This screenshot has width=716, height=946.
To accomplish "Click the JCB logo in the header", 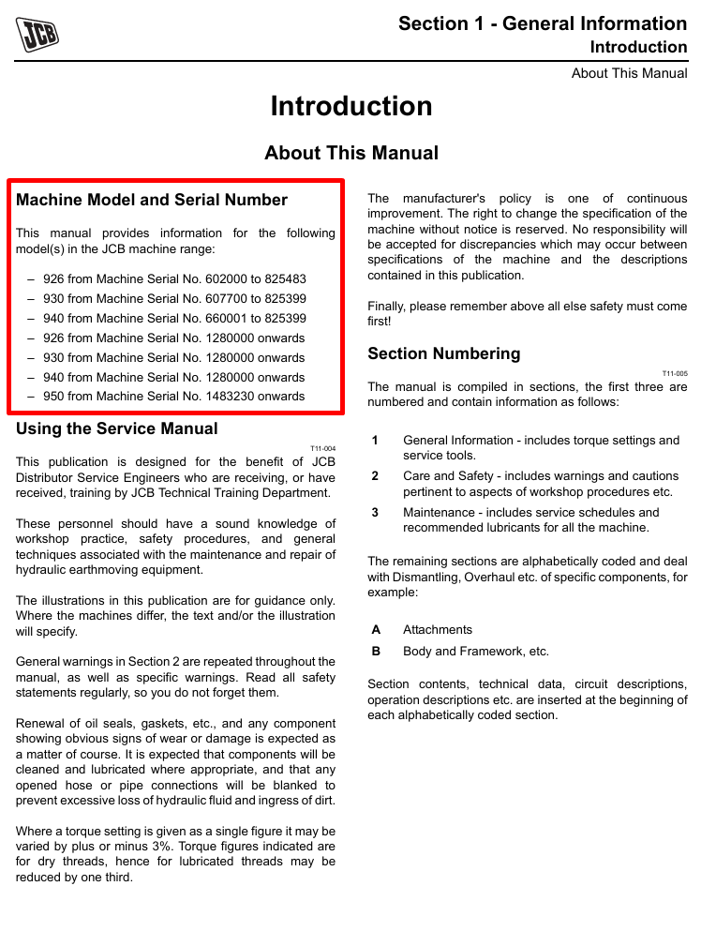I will [37, 37].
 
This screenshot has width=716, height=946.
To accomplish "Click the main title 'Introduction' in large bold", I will [351, 106].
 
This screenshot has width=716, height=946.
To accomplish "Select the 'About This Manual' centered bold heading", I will [351, 153].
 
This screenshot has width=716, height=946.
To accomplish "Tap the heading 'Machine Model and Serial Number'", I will [152, 200].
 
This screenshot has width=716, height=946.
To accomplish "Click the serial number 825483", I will [286, 279].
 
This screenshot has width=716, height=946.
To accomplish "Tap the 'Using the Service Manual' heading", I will [117, 428].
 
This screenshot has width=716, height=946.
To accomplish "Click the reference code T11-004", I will [322, 449].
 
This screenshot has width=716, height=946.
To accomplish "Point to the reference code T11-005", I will [675, 373].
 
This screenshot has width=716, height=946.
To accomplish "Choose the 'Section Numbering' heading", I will [443, 353].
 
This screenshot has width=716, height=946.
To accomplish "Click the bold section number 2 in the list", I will [375, 476].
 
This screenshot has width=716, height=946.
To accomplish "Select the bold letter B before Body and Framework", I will [376, 652].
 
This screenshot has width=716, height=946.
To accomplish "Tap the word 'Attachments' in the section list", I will [438, 630].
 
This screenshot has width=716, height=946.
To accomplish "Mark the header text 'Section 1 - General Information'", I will [543, 23].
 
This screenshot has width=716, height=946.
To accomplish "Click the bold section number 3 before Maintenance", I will [375, 513].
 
